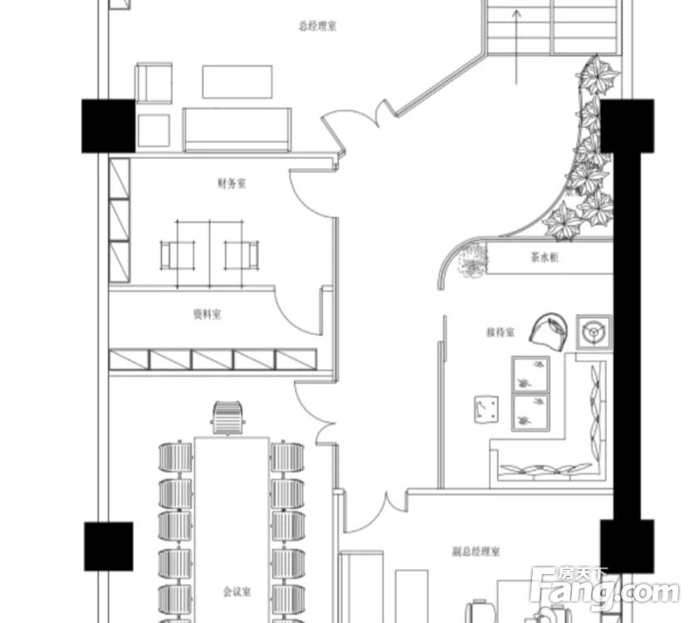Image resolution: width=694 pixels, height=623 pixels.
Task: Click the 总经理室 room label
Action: pyautogui.click(x=317, y=26)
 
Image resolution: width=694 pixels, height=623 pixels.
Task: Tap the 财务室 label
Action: pyautogui.click(x=232, y=183)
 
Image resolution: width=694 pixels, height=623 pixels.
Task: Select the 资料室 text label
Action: pyautogui.click(x=208, y=314)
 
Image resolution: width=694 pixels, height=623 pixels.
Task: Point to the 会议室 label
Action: pyautogui.click(x=237, y=591)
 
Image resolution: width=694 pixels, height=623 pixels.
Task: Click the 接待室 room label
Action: pyautogui.click(x=501, y=332)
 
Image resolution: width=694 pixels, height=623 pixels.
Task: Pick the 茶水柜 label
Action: pyautogui.click(x=545, y=258)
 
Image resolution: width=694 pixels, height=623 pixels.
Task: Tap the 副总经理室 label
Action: pyautogui.click(x=477, y=552)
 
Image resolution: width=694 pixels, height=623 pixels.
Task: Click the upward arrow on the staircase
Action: pyautogui.click(x=516, y=47)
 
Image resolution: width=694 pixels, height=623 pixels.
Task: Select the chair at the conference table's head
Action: pyautogui.click(x=228, y=418)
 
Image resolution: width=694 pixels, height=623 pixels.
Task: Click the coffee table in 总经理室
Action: pyautogui.click(x=237, y=82)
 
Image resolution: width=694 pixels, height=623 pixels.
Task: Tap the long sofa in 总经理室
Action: pyautogui.click(x=237, y=130)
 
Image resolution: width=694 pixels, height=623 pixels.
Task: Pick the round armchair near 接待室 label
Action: pyautogui.click(x=549, y=332)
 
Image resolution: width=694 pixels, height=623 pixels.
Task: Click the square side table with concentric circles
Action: pyautogui.click(x=594, y=332)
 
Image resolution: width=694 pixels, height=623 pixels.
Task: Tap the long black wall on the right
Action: pyautogui.click(x=627, y=336)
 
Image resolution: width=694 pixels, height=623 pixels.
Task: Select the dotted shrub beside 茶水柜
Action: pyautogui.click(x=472, y=261)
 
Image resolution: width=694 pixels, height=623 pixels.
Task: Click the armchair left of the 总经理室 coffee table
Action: pyautogui.click(x=154, y=83)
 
